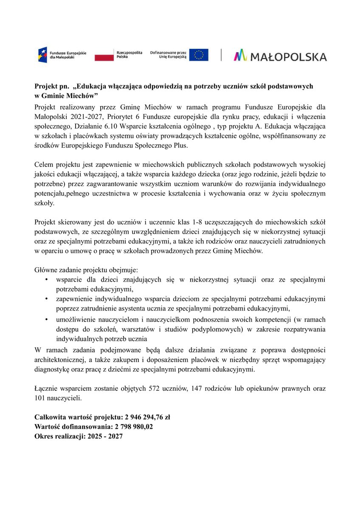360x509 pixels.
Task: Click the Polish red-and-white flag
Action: (104, 55)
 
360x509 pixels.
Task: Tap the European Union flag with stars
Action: (199, 55)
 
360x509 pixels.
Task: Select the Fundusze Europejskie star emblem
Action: (42, 54)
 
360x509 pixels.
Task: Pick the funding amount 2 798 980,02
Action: (132, 426)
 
